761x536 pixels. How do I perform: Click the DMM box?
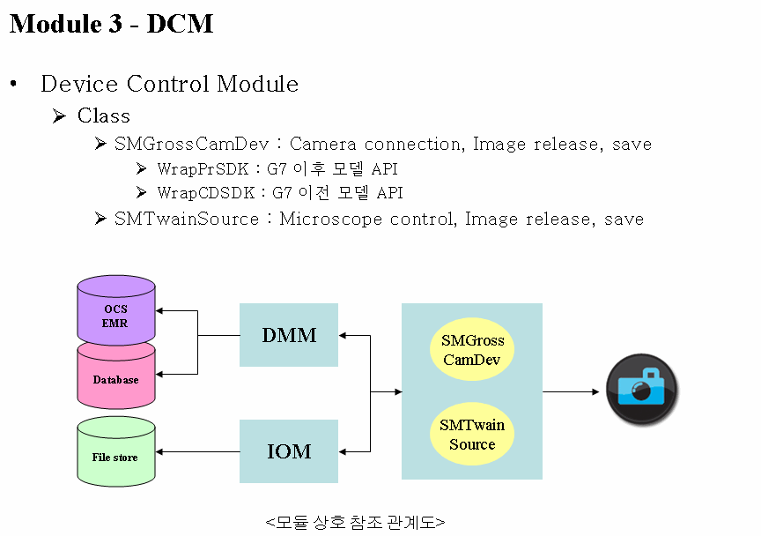[289, 335]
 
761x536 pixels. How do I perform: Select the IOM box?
[289, 451]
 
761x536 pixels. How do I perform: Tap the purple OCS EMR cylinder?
[116, 310]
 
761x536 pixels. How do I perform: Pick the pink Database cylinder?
[116, 377]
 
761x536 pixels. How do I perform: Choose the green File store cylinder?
[116, 452]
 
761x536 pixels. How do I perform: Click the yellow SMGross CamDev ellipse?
[472, 349]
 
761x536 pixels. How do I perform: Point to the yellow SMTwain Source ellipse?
[472, 434]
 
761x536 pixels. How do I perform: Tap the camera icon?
[641, 390]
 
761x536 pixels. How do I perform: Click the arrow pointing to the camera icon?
[571, 391]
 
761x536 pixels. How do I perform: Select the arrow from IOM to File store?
[197, 452]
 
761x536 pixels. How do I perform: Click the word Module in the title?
[55, 24]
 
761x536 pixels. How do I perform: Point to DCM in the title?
[180, 24]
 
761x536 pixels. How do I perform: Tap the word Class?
[104, 116]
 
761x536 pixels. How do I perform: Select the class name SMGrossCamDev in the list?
[191, 144]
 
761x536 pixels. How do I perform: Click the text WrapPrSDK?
[203, 169]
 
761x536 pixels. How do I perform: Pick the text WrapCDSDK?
[206, 193]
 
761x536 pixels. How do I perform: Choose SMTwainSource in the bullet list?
[187, 219]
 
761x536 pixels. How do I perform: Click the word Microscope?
[331, 220]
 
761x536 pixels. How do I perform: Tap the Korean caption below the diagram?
[355, 523]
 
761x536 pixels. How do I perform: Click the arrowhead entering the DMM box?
[342, 335]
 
